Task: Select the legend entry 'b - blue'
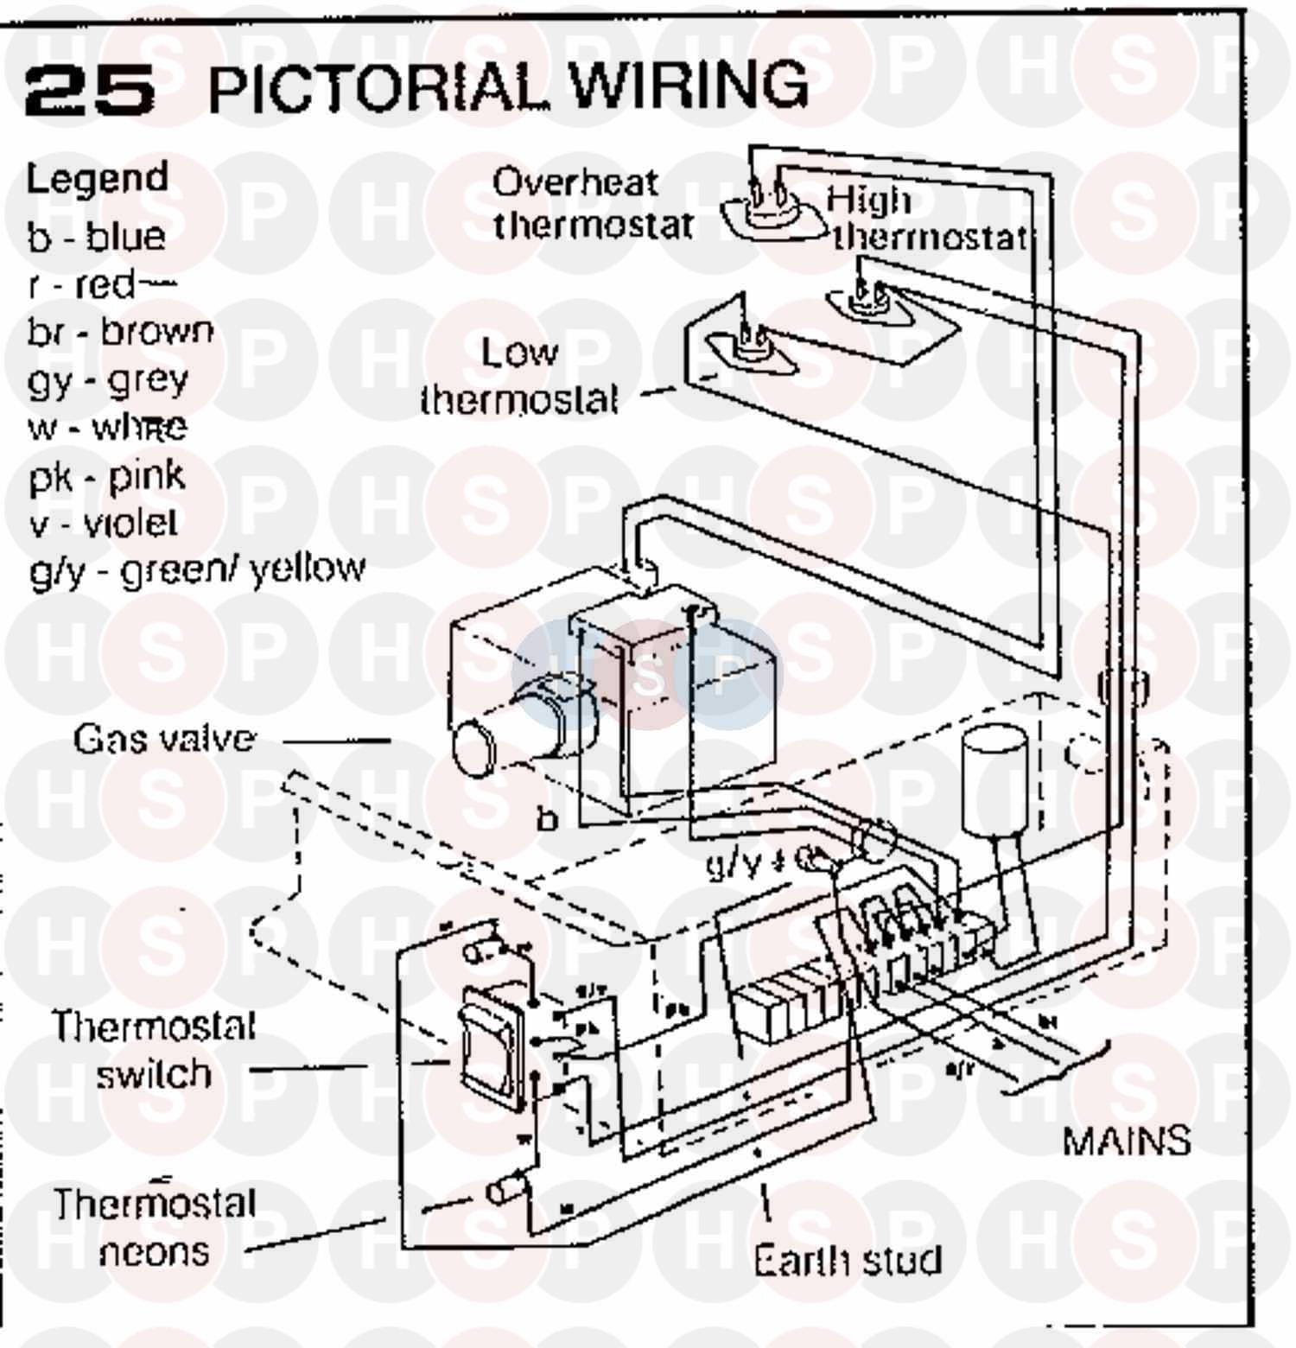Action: (96, 237)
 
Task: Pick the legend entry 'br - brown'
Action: (120, 332)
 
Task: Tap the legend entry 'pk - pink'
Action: (107, 476)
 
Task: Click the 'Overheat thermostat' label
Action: (592, 204)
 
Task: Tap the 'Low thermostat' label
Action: (519, 376)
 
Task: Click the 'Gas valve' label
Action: (164, 740)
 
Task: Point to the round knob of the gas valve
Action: (475, 748)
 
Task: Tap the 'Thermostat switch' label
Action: (154, 1051)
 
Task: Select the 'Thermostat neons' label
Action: (155, 1228)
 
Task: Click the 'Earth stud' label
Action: (847, 1260)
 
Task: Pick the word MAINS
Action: (1126, 1141)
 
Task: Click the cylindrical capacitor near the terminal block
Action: (994, 782)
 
